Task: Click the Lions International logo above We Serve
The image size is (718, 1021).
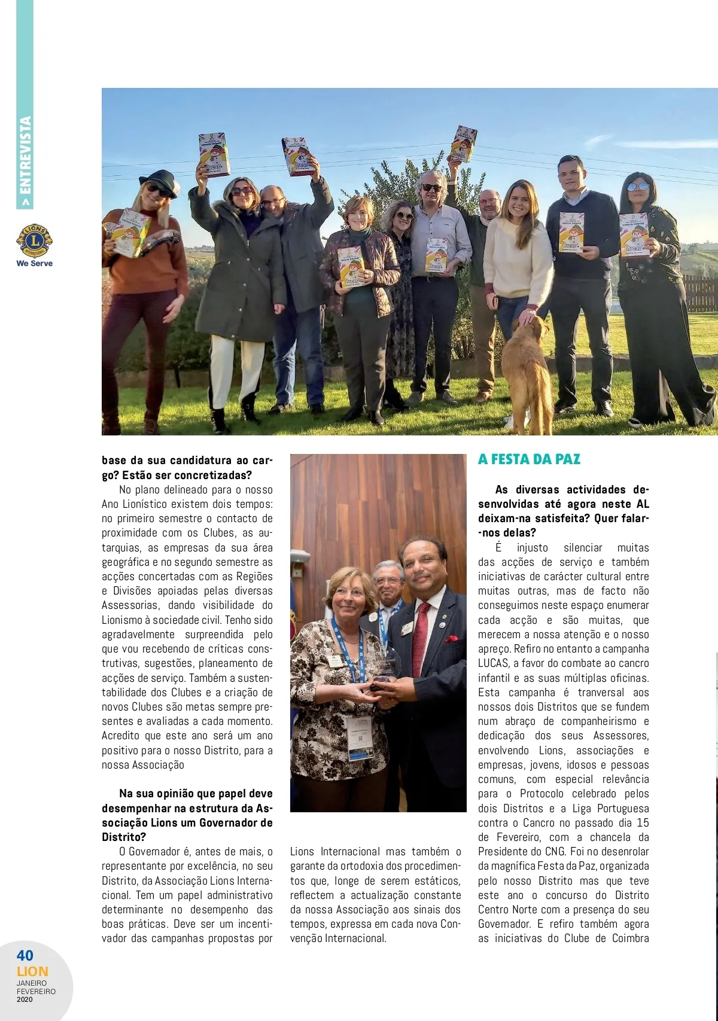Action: point(34,241)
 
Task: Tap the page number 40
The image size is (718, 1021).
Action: point(25,955)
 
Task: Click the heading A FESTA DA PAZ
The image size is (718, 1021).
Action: point(529,459)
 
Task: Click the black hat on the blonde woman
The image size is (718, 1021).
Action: point(159,179)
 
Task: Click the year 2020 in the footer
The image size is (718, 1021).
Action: point(25,999)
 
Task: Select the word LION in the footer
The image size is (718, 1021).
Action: point(32,971)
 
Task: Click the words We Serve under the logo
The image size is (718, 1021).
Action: point(34,263)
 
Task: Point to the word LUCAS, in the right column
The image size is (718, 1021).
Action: point(494,663)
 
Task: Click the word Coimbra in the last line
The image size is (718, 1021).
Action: point(630,938)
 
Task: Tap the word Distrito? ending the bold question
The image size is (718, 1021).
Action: point(124,837)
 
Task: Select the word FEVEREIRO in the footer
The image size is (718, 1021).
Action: point(36,991)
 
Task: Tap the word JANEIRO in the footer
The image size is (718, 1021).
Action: point(32,983)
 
